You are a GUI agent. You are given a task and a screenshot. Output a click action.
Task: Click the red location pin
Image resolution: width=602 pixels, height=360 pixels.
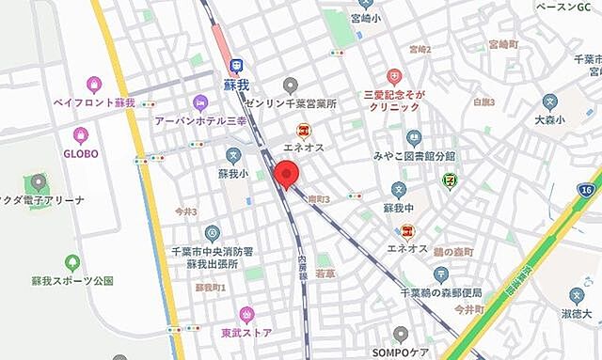click(x=286, y=175)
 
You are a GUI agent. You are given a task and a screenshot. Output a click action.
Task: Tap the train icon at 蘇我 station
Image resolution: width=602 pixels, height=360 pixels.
click(x=236, y=66)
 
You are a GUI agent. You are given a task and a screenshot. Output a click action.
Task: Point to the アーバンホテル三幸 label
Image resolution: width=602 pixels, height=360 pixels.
click(x=200, y=120)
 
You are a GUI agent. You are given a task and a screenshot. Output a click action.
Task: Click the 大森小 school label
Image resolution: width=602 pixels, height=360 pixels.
click(x=550, y=119)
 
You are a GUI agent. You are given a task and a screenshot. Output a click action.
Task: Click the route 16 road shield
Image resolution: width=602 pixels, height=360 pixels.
click(x=586, y=191)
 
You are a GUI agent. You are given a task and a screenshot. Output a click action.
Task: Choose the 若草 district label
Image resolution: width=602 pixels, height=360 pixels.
click(x=325, y=274)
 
